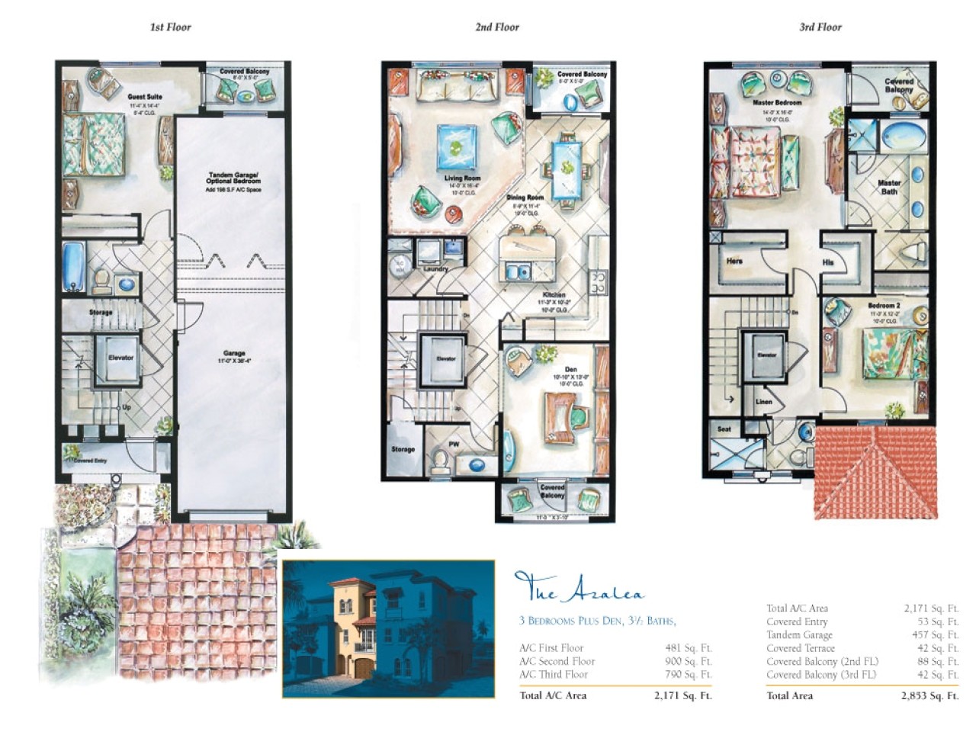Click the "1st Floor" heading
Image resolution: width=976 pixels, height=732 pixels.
coord(170,27)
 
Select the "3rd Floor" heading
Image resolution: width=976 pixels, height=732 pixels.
coord(820,27)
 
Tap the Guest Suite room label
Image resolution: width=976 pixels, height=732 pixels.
coord(145,97)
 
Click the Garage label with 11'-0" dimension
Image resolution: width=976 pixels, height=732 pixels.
coord(234,354)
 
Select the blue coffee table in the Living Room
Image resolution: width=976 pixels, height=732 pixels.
coord(457,146)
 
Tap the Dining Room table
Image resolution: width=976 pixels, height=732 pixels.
coord(565,168)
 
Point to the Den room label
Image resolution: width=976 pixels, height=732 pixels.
coord(570,370)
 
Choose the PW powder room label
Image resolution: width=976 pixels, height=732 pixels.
coord(454,444)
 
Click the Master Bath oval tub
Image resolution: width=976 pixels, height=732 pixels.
coord(903,136)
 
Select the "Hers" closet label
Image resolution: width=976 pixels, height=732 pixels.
coord(734,261)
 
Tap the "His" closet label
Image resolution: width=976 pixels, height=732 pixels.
coord(828,262)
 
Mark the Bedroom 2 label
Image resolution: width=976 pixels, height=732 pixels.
coord(884,306)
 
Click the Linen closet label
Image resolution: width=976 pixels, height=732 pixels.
coord(764,401)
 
